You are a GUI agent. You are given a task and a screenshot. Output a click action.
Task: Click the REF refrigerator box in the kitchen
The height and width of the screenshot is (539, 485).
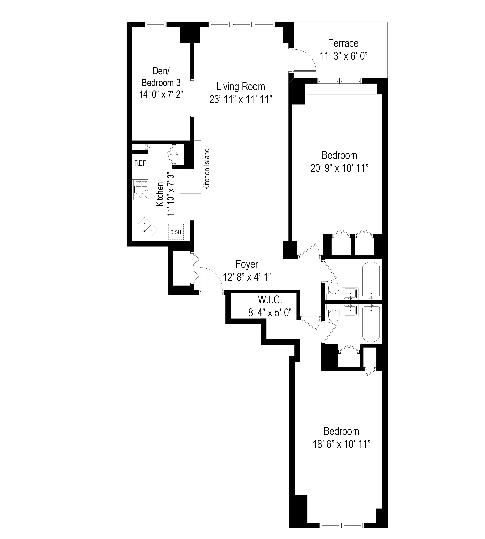140,163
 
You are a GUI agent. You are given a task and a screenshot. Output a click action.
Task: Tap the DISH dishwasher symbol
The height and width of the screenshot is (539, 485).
176,232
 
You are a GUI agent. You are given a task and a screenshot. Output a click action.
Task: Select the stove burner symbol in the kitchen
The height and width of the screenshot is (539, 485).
141,190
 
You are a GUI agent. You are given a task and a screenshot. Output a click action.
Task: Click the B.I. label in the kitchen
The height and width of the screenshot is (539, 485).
178,155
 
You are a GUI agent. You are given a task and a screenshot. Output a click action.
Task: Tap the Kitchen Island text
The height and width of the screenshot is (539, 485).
207,169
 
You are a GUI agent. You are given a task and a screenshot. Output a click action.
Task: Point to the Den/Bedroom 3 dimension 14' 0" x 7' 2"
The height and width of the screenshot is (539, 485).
161,94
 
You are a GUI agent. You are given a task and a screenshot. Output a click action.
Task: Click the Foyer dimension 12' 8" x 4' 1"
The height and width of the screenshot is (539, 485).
247,277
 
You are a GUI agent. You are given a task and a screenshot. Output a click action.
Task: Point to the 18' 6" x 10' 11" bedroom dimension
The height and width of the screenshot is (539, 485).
341,444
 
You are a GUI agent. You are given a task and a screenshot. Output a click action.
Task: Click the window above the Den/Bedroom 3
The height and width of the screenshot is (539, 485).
156,24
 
